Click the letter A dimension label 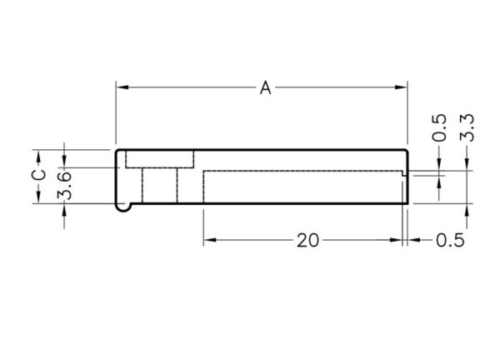pos(265,87)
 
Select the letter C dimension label pos(39,176)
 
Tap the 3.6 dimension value pos(64,186)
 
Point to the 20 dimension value pos(307,241)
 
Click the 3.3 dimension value pos(467,127)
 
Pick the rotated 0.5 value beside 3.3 pos(439,127)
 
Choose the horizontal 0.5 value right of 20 pos(450,241)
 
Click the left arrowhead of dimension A pos(122,87)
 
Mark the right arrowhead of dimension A pos(401,87)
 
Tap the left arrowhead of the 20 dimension pos(210,240)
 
